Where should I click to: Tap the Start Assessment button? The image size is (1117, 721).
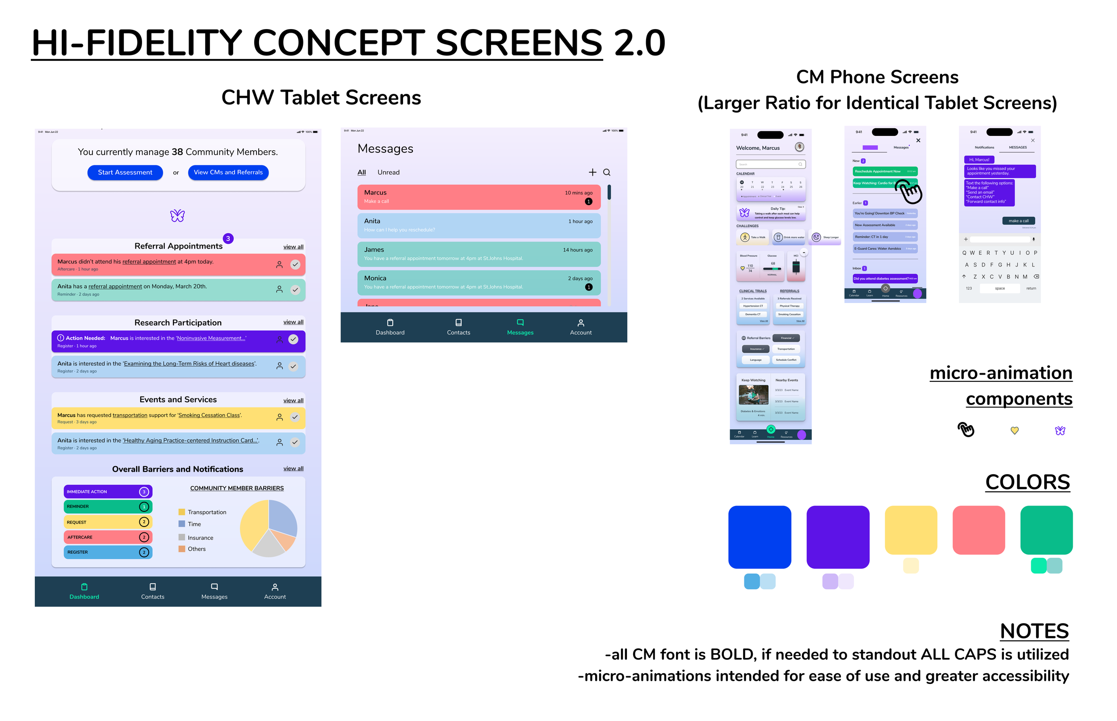click(x=125, y=172)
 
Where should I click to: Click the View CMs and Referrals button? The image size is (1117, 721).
click(x=228, y=172)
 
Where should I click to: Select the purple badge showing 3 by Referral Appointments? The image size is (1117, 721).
click(x=228, y=238)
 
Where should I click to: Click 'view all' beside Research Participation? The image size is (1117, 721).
click(x=293, y=322)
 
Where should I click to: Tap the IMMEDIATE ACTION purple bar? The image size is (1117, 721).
click(x=108, y=492)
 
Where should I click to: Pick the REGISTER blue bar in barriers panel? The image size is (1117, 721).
click(x=108, y=552)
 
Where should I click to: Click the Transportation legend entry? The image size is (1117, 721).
click(x=206, y=512)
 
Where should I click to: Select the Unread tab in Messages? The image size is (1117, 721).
click(x=388, y=172)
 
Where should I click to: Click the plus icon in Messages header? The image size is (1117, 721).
click(x=592, y=172)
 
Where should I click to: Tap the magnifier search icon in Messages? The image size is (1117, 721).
click(x=606, y=172)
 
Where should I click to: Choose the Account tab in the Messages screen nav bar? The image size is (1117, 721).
click(x=580, y=327)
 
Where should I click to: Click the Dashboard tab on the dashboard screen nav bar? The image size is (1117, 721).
click(x=84, y=591)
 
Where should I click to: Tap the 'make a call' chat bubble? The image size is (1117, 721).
click(x=1018, y=220)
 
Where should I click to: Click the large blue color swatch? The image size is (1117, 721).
click(x=759, y=536)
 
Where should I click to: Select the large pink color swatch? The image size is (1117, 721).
click(x=978, y=530)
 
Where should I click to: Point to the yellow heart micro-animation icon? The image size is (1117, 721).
click(x=1014, y=430)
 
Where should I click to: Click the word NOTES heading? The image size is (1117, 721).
click(x=1034, y=631)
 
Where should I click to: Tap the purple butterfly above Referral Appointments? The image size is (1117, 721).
click(x=177, y=215)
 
